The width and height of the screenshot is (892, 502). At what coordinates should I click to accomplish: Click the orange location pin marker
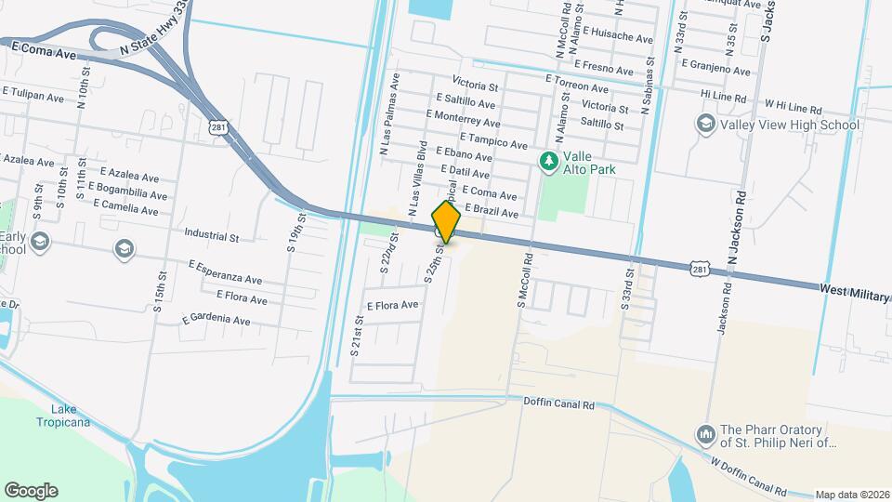coord(446,223)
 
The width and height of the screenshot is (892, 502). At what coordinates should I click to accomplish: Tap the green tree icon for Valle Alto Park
coord(549,162)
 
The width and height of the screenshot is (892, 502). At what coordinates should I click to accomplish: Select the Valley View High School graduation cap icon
coord(705,125)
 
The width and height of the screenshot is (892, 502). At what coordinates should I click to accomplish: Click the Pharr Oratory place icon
coord(705,434)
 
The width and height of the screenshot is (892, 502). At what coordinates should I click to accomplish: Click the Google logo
coord(31,491)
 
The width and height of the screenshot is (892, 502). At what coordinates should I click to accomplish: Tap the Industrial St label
coord(212,236)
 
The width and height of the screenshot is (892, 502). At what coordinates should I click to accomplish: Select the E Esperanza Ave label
coord(225,272)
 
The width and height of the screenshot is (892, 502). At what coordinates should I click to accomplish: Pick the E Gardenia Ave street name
coord(216,320)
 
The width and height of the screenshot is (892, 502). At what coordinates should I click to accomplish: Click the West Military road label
coord(854,292)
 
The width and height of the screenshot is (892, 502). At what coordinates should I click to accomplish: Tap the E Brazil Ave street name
coord(491,211)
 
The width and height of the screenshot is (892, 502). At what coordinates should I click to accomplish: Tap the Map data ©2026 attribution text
coord(852,495)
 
